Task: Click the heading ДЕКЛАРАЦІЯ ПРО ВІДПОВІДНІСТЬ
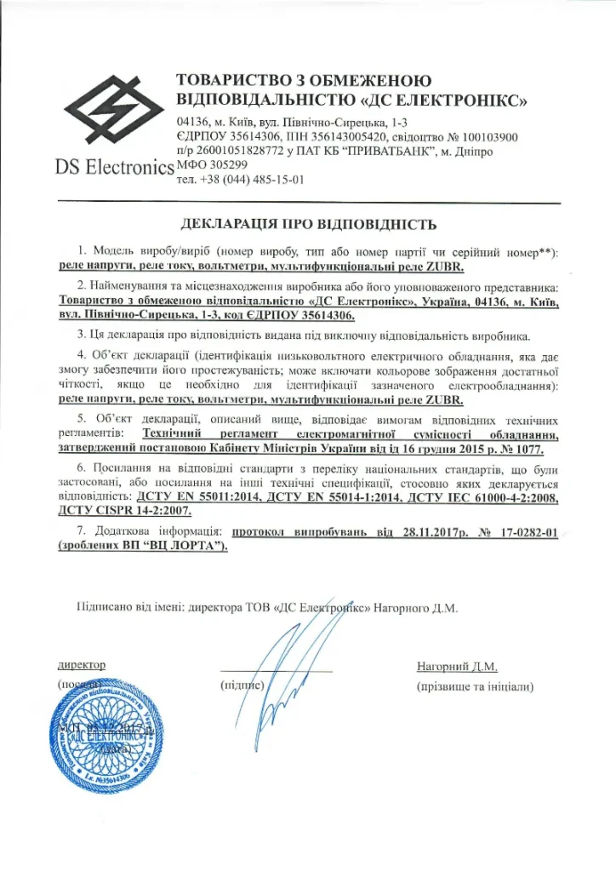[309, 226]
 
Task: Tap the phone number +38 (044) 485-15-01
[255, 180]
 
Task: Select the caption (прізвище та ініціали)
[474, 686]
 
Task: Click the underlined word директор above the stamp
[82, 664]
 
